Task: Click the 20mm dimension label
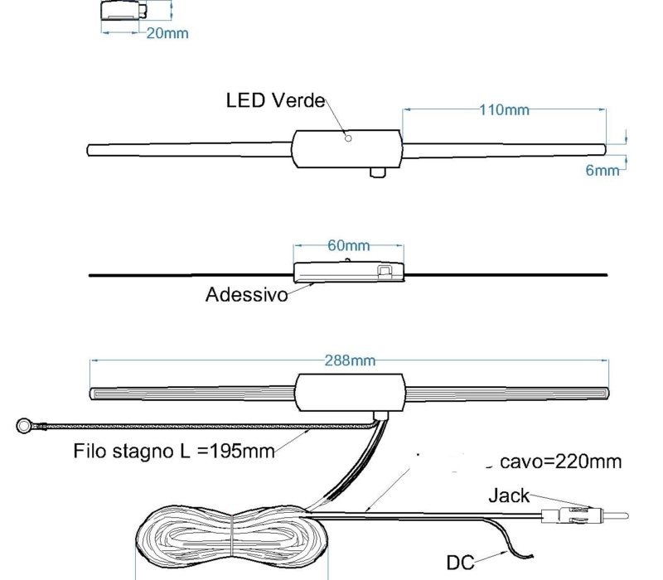point(167,34)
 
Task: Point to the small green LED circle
point(348,138)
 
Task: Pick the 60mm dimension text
point(348,246)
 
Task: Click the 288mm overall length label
point(350,360)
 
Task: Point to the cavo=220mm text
point(560,462)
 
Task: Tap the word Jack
point(509,496)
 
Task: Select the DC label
point(462,562)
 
